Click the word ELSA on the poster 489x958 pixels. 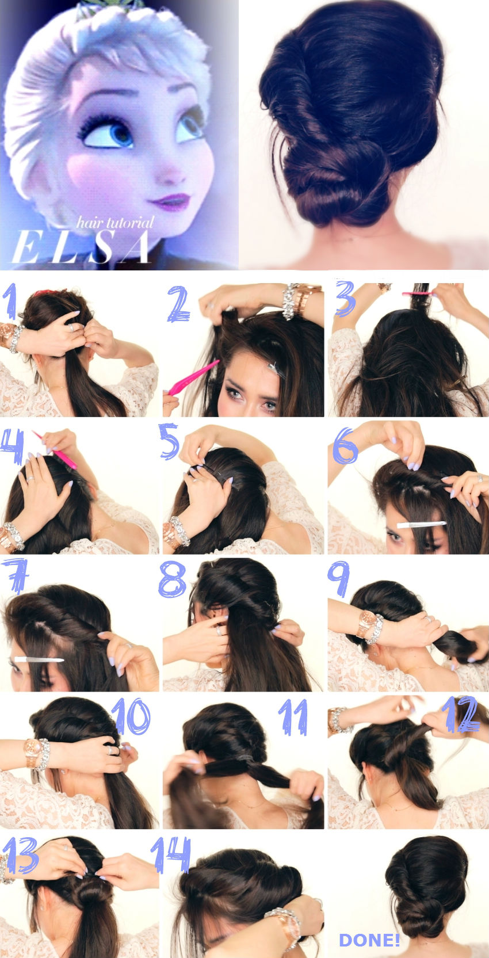coord(81,248)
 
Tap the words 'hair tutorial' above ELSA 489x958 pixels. coord(116,223)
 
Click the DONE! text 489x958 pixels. coord(369,940)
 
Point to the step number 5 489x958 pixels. coord(169,441)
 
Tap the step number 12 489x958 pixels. coord(461,715)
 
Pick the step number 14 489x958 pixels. coord(171,854)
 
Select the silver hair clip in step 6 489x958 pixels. coord(421,524)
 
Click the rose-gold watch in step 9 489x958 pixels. coord(365,621)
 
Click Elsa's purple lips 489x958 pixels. coord(170,202)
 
